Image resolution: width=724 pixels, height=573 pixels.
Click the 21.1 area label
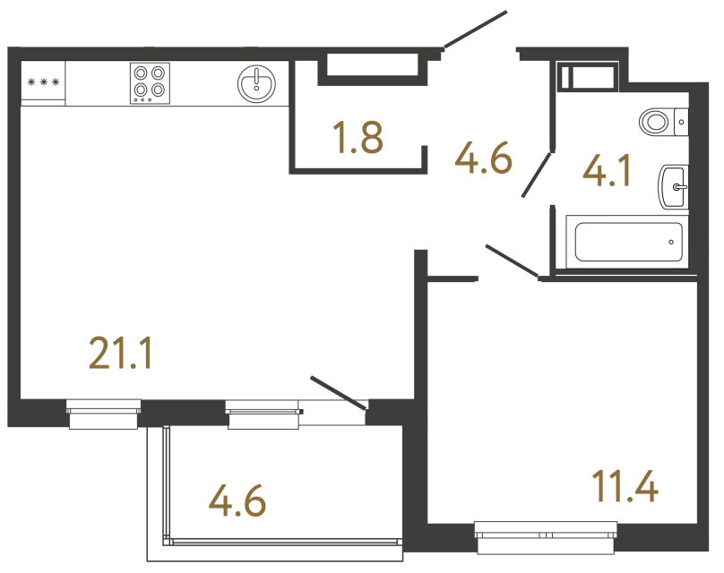[122, 354]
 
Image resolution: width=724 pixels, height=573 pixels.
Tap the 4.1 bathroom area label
[607, 170]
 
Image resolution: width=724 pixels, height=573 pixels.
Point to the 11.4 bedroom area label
[625, 488]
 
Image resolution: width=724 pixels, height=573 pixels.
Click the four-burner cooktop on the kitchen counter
[150, 82]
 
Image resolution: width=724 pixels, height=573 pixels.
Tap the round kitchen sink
[257, 83]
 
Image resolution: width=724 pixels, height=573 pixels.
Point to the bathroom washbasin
[673, 187]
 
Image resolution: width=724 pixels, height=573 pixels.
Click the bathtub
[628, 241]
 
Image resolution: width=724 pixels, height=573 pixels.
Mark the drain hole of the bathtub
[672, 241]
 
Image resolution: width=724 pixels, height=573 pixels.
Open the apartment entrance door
[475, 30]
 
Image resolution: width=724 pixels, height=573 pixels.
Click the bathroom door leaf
[537, 174]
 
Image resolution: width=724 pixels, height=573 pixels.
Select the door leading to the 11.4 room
[512, 259]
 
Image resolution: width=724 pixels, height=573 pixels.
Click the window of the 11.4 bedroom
[546, 537]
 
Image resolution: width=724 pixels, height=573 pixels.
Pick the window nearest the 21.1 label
[104, 412]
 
